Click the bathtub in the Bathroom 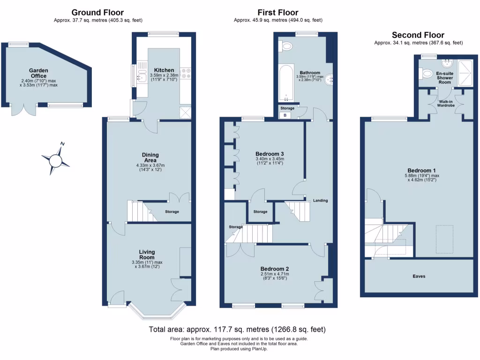286,84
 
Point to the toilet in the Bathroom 286,46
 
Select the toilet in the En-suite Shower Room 427,74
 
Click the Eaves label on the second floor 419,276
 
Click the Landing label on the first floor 321,201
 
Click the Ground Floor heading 98,12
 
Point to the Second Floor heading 418,35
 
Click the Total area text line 237,330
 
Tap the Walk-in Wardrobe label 445,104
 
